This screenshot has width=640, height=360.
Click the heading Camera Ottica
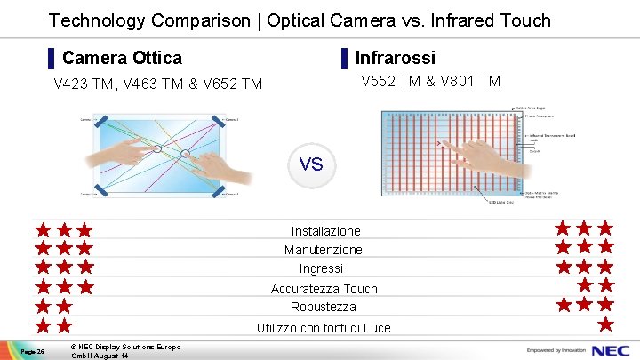(x=122, y=58)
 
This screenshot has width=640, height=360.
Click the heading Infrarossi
(x=395, y=58)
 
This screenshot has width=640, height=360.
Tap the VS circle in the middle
(x=311, y=165)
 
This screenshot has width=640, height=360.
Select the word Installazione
(x=325, y=231)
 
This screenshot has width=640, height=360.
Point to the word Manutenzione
(x=324, y=250)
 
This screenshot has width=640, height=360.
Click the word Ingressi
(x=321, y=268)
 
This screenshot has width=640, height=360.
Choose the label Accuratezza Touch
(x=324, y=289)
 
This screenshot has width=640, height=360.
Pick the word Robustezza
(x=323, y=307)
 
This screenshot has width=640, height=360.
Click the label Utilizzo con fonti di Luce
(x=324, y=328)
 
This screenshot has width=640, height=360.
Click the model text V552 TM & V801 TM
(x=430, y=82)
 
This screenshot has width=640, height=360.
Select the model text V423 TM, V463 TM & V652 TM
(x=158, y=84)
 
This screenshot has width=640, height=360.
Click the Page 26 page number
(x=35, y=351)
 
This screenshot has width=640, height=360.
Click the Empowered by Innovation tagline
(x=559, y=349)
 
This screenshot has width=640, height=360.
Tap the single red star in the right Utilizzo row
(x=605, y=324)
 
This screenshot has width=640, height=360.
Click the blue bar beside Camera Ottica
(x=52, y=59)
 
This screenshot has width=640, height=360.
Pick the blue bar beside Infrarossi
(x=344, y=59)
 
